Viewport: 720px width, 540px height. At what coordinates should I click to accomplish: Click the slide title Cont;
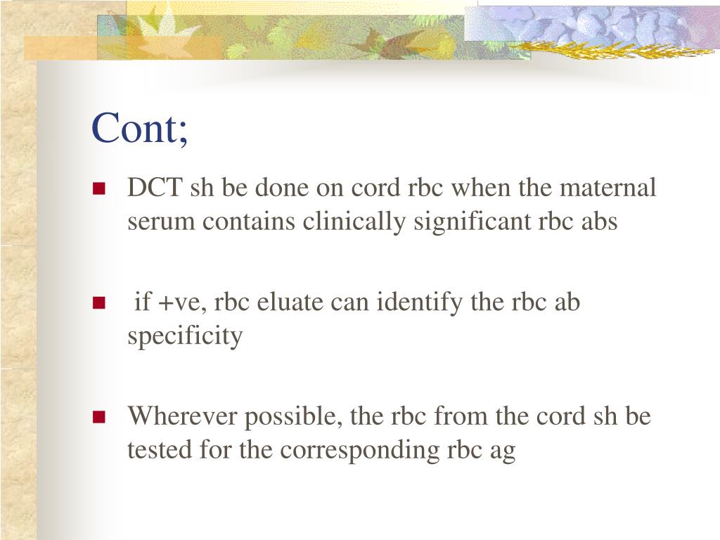140,129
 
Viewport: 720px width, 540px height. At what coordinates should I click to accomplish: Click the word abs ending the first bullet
600,221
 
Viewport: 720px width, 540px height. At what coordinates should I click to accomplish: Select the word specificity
185,336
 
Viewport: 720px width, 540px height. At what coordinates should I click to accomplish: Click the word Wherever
182,416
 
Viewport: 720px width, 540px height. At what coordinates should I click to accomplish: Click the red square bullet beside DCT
98,188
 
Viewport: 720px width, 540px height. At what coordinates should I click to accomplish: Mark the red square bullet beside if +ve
98,303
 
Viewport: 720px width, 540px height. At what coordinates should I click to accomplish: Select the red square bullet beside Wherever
98,416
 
